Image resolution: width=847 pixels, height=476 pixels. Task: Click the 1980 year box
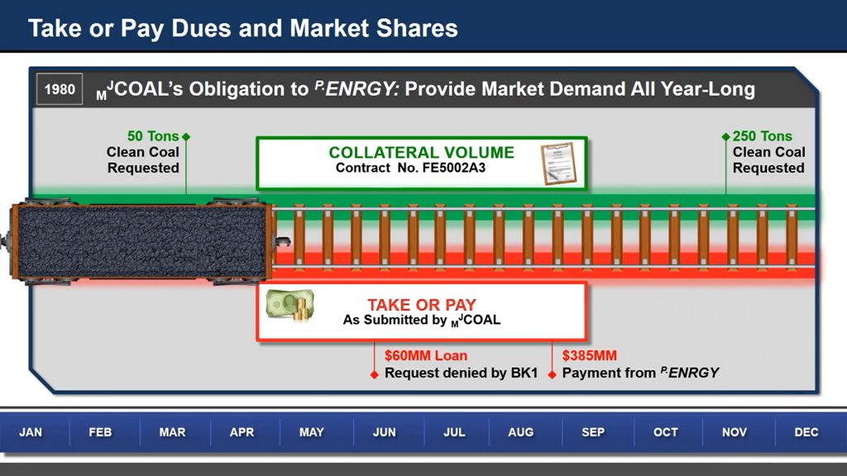(60, 89)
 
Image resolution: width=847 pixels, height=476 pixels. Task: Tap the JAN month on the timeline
(31, 432)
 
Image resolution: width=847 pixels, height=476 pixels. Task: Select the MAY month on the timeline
(312, 432)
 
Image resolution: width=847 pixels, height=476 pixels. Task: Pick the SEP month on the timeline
(593, 432)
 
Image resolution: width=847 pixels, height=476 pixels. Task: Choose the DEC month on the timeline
(806, 432)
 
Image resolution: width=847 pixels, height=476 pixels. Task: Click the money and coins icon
(290, 306)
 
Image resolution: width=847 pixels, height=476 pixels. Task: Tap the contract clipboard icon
(558, 164)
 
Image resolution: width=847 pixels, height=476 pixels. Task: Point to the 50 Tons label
(153, 136)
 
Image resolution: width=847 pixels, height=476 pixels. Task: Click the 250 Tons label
(762, 136)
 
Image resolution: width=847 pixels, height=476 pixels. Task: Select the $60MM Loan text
(426, 355)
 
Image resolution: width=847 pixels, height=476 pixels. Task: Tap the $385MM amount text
(589, 355)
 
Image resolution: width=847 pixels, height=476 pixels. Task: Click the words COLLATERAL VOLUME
(421, 153)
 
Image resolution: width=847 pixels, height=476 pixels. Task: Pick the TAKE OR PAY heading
(422, 305)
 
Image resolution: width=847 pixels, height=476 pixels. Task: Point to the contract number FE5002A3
(454, 168)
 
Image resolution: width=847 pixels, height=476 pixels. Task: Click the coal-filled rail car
(141, 241)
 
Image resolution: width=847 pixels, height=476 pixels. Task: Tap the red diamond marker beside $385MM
(552, 374)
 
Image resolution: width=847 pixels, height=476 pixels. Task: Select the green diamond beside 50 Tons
(186, 136)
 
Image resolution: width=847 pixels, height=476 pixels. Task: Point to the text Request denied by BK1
(462, 373)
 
